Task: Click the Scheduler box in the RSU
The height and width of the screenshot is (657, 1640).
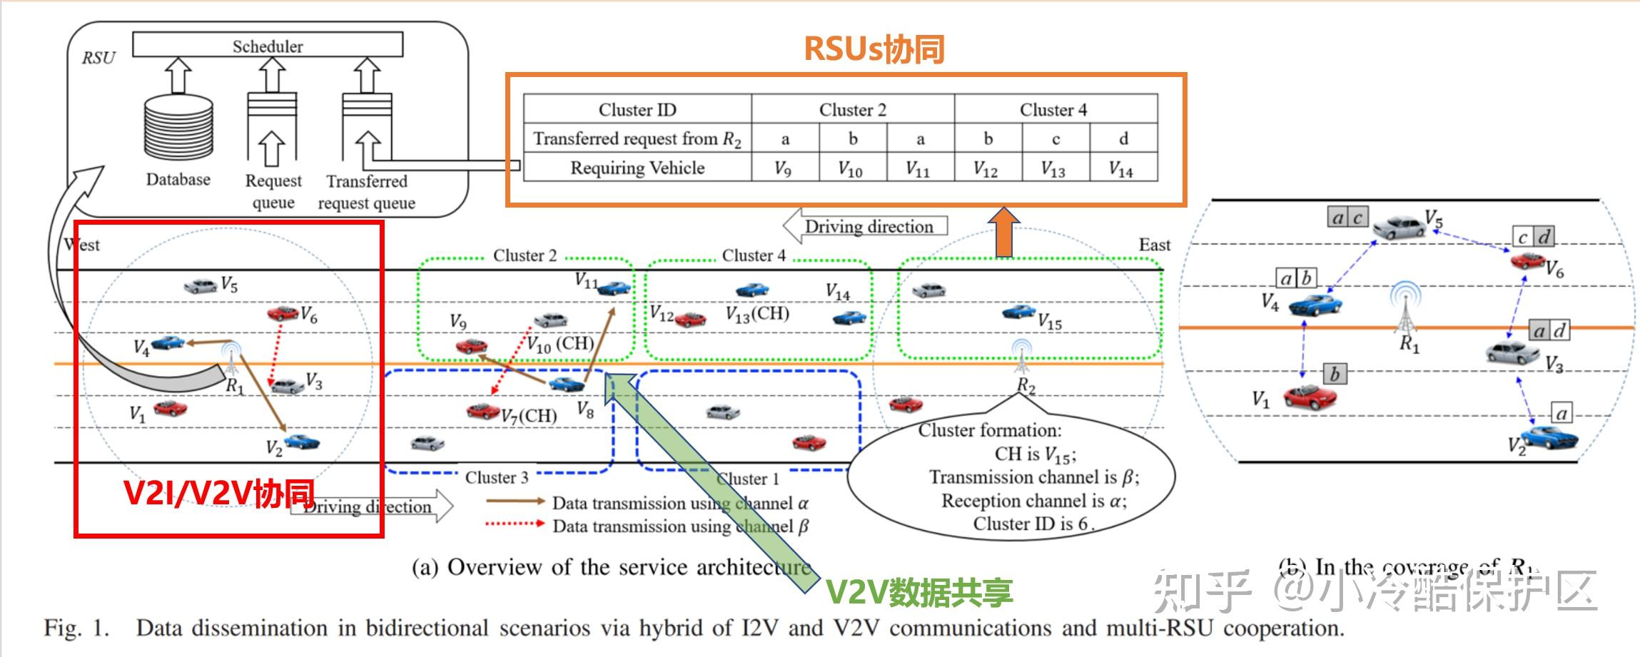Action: click(x=268, y=45)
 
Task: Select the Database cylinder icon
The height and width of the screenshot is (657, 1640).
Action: click(x=178, y=126)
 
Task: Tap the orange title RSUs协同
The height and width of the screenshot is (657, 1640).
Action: click(x=874, y=49)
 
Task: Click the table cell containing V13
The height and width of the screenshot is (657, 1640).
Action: click(x=1053, y=168)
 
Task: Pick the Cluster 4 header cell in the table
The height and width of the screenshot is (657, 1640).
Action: click(x=1053, y=109)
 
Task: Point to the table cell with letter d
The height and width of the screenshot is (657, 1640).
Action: click(x=1123, y=138)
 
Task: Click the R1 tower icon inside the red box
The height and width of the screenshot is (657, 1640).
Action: click(x=231, y=360)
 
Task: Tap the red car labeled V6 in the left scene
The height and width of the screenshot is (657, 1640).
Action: click(x=283, y=312)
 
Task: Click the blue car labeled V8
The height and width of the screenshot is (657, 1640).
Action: click(x=567, y=384)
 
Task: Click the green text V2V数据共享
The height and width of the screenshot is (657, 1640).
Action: click(x=919, y=591)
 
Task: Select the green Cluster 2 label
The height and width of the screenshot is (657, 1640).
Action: click(x=525, y=255)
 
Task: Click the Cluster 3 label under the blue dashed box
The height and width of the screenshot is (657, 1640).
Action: click(x=497, y=477)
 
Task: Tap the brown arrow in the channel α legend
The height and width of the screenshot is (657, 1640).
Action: click(x=515, y=501)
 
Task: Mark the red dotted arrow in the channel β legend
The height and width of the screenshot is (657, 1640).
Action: click(x=515, y=524)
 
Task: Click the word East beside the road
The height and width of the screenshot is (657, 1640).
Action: click(x=1154, y=245)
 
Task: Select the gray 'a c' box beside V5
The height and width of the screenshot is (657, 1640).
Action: click(x=1347, y=217)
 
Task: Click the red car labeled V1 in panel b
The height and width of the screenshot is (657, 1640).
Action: click(x=1309, y=396)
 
